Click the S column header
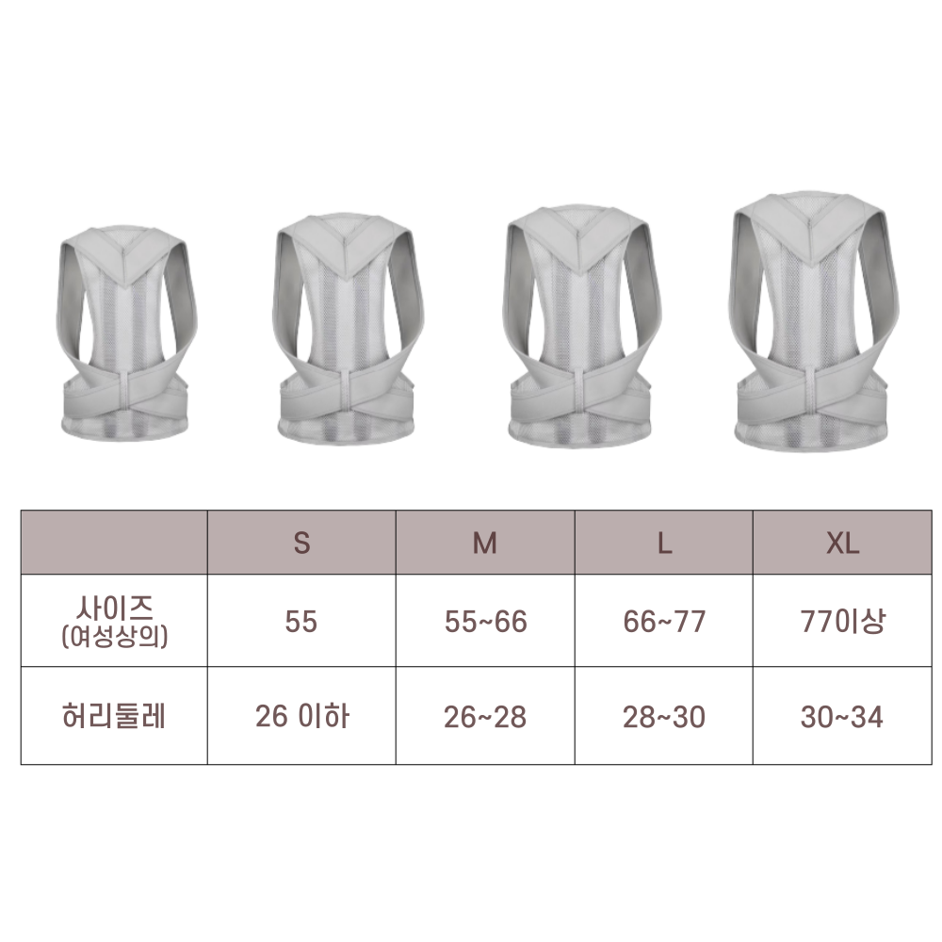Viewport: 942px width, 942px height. point(301,544)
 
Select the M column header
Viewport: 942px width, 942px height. point(485,544)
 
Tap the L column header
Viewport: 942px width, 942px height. point(664,544)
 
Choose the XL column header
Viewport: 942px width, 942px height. point(842,544)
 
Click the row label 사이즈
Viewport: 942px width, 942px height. point(114,608)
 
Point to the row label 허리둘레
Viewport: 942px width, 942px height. point(114,716)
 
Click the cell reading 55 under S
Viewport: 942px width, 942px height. point(301,621)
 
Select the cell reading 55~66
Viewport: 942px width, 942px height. point(485,621)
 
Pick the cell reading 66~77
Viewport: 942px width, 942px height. point(664,621)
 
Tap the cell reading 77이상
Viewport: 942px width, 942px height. point(842,621)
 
